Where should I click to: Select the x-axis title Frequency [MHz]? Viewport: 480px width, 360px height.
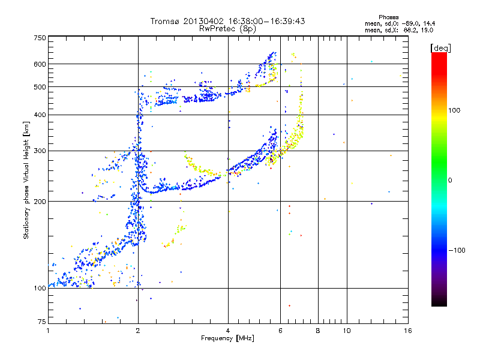pos(228,338)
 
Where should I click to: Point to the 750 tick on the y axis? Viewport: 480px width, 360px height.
pos(40,38)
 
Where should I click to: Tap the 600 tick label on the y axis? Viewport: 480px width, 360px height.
pos(40,64)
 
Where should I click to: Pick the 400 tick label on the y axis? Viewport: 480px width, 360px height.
pos(40,115)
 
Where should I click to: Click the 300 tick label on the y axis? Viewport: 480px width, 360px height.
pos(40,151)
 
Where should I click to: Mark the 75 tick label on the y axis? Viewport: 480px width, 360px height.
pos(41,323)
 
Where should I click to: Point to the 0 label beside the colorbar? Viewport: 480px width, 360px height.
pos(450,180)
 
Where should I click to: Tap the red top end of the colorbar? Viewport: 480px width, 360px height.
pos(439,55)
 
